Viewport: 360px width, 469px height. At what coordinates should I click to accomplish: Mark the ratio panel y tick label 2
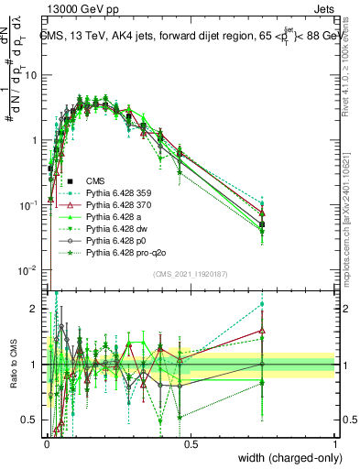[x=36, y=309]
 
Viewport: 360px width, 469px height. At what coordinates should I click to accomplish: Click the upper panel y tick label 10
[x=31, y=76]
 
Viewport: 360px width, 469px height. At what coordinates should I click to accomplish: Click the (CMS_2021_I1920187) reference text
[x=190, y=274]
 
